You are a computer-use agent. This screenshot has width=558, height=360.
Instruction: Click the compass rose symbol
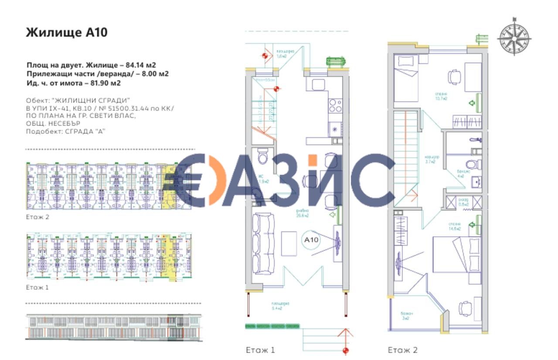[514, 37]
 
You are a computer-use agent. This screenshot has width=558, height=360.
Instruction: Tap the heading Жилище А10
[67, 33]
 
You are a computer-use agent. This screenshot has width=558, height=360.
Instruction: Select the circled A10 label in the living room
[311, 239]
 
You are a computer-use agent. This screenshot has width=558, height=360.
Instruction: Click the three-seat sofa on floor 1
[263, 243]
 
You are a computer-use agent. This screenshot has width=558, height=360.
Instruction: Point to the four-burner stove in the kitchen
[335, 105]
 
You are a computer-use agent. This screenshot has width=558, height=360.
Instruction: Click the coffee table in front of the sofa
[289, 243]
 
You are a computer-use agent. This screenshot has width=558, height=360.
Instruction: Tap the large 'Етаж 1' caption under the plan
[260, 350]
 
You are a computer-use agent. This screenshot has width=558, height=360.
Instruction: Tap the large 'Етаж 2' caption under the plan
[403, 350]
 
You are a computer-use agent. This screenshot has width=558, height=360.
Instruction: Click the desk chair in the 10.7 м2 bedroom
[453, 77]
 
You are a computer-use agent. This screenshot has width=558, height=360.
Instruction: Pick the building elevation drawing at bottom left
[113, 326]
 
